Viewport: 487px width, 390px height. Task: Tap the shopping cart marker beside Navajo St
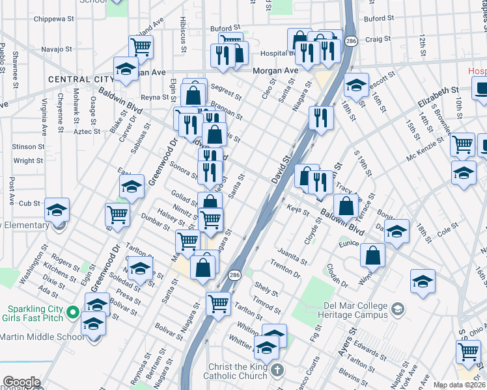coord(141,47)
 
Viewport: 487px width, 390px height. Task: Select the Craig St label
coord(378,39)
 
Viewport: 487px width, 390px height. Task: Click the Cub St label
coord(29,203)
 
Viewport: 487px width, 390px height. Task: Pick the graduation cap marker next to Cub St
coord(57,209)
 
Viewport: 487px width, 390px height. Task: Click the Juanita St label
coord(292,256)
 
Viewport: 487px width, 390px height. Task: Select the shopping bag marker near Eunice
coord(372,255)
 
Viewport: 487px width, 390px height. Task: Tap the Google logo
coord(21,382)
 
